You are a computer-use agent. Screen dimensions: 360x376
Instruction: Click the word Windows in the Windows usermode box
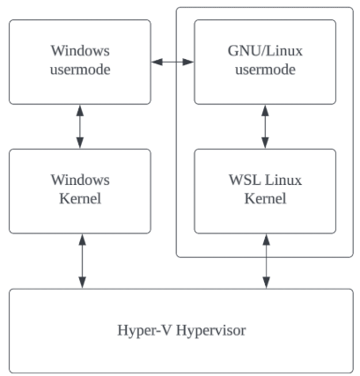tap(80, 50)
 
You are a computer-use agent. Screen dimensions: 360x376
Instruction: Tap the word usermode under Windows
tap(80, 70)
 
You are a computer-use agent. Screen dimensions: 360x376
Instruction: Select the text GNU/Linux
tap(265, 51)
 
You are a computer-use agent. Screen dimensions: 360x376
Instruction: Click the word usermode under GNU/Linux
tap(265, 70)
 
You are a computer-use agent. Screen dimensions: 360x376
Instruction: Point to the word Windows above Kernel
tap(80, 180)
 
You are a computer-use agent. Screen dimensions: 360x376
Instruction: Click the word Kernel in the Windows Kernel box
tap(80, 198)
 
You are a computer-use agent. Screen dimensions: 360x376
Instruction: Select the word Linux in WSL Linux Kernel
tap(283, 180)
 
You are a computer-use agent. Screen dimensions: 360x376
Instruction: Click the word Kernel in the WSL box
tap(265, 198)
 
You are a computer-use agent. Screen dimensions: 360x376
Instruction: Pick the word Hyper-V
tap(143, 330)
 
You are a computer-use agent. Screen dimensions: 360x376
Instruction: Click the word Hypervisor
tap(210, 330)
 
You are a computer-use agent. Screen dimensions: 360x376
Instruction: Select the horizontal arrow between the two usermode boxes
tap(173, 62)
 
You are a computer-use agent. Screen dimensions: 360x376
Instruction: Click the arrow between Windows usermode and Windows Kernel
tap(80, 127)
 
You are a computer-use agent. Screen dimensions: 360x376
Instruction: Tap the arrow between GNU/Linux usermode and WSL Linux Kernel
tap(265, 127)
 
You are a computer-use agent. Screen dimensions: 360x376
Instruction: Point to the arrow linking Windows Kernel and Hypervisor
tap(83, 262)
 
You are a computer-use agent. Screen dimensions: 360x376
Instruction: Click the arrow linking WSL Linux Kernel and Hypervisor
tap(266, 262)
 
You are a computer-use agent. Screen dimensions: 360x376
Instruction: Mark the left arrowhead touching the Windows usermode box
tap(157, 62)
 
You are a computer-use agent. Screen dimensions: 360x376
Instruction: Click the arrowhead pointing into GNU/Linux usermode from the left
tap(188, 62)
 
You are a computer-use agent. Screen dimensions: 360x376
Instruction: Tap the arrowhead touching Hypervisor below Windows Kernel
tap(83, 283)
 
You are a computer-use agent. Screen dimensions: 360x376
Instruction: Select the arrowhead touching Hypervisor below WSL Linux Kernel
tap(266, 283)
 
